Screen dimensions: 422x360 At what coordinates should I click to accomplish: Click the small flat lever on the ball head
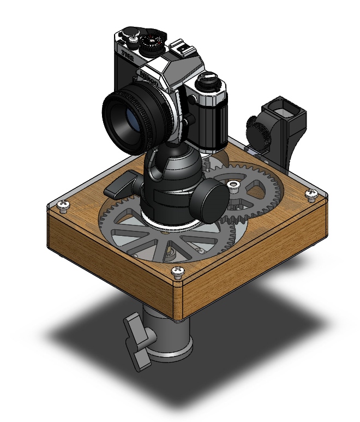pos(121,186)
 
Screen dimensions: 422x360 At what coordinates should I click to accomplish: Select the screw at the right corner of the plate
pos(311,193)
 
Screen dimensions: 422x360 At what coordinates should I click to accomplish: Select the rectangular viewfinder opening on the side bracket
pos(284,110)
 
